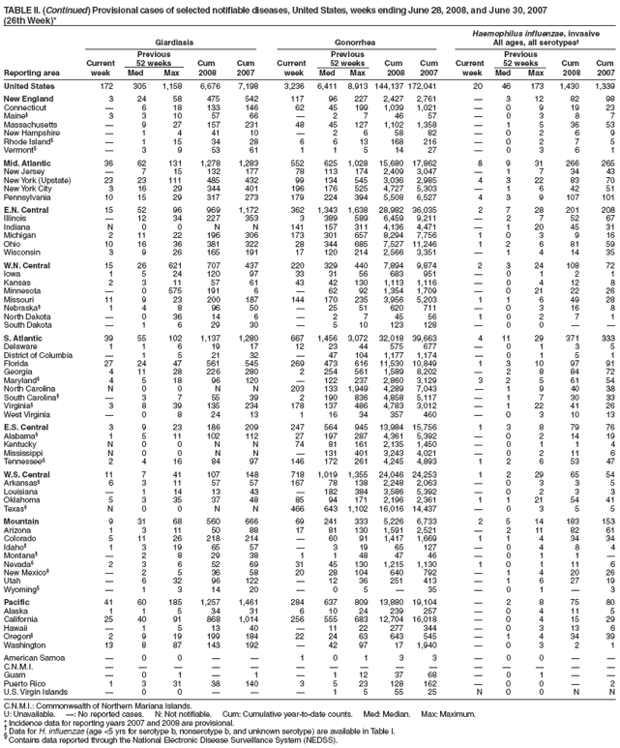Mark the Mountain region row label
(21, 523)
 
